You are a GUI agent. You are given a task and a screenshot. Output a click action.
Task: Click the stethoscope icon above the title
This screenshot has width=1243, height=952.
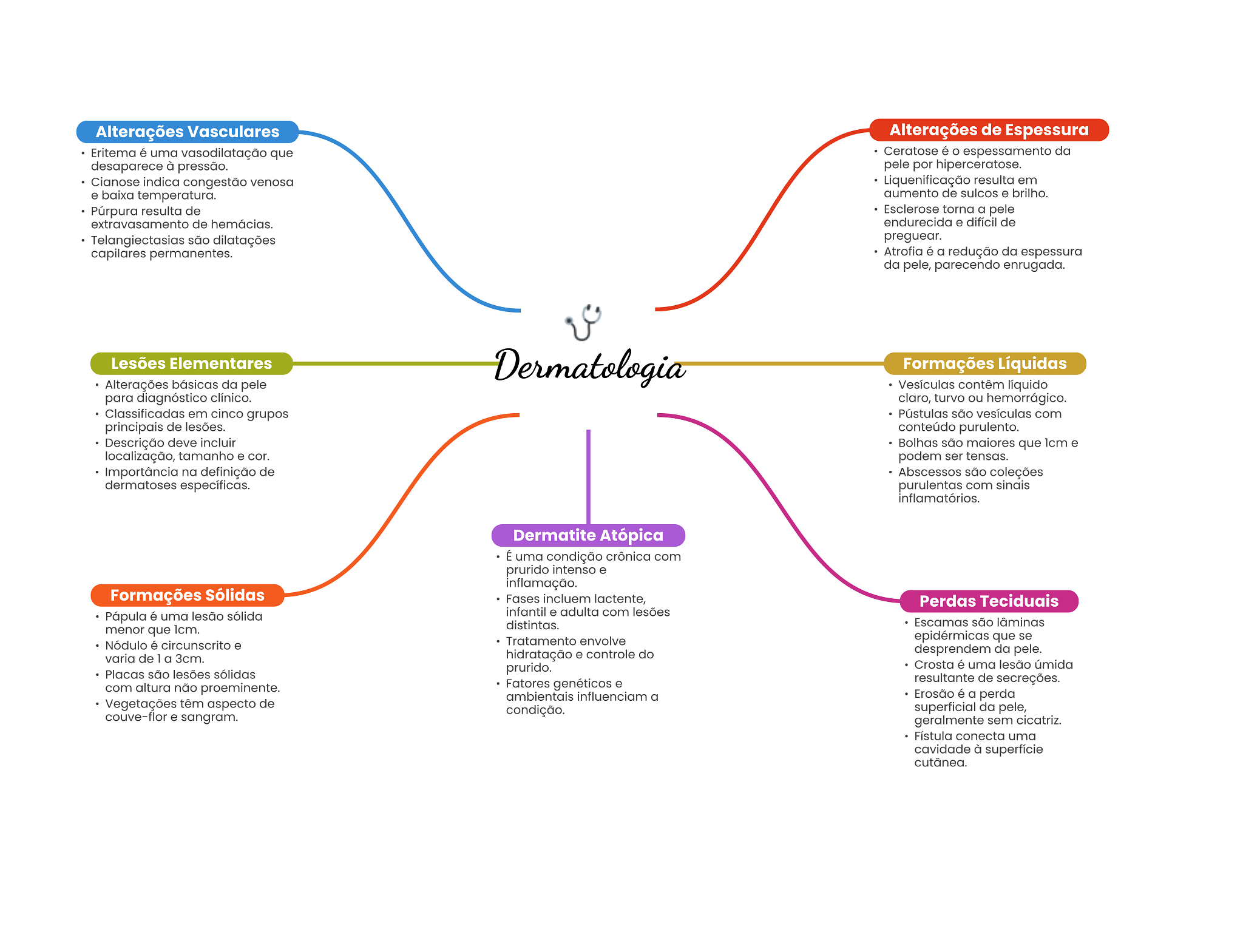click(583, 322)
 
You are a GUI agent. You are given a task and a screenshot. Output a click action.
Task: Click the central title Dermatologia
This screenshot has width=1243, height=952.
click(589, 366)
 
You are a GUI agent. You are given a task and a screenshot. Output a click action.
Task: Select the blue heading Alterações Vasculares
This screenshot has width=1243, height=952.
click(187, 132)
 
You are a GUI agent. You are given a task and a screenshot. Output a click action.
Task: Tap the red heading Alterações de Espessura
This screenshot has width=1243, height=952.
click(988, 130)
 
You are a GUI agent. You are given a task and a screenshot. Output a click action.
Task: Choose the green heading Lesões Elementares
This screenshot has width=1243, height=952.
click(191, 363)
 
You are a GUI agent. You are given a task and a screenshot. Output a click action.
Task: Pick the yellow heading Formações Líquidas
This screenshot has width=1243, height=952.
click(984, 363)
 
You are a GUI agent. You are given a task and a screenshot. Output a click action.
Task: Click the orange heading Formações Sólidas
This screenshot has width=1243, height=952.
click(187, 595)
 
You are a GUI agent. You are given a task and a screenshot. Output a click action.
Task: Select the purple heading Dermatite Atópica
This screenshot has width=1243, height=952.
click(588, 535)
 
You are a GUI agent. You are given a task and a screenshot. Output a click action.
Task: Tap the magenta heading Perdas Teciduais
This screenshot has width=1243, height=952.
click(988, 601)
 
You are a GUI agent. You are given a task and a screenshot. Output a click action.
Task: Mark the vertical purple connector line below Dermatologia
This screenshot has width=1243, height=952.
click(588, 477)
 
